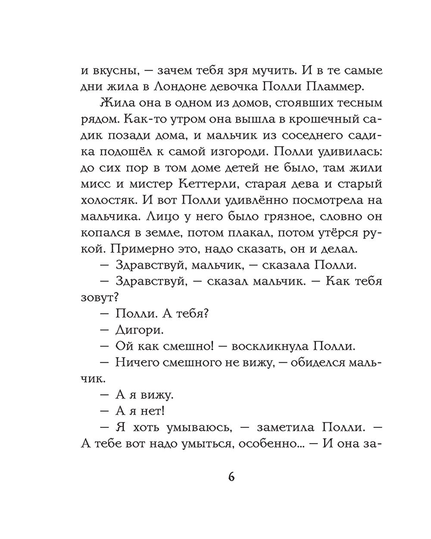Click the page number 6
pos(231,477)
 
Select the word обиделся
pos(318,363)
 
